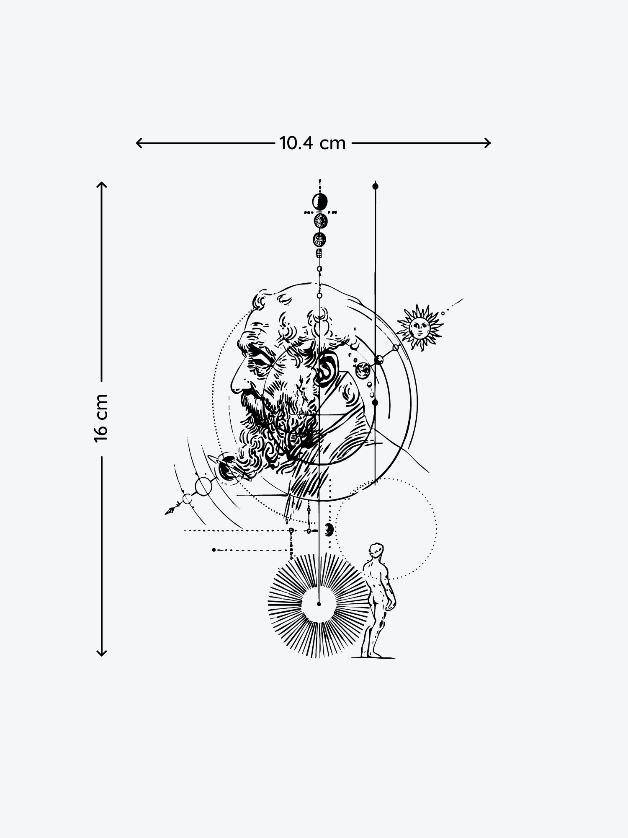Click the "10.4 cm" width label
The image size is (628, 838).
(x=313, y=143)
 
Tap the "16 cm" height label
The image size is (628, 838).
(x=101, y=418)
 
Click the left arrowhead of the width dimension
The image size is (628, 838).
(x=140, y=143)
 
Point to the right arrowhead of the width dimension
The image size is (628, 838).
(x=487, y=143)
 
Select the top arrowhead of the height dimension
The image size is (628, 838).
(x=102, y=185)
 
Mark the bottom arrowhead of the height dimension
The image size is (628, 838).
(x=102, y=652)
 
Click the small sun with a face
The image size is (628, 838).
(x=420, y=327)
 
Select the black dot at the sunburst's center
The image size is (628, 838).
(x=319, y=604)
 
